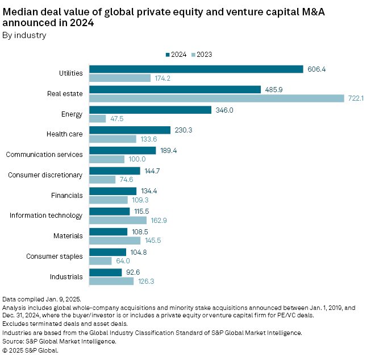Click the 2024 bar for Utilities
tap(196, 69)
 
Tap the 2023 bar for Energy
tap(98, 118)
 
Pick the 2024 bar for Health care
tap(130, 130)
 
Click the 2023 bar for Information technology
tap(118, 220)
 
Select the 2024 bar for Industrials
tap(106, 272)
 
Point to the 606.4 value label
tap(316, 69)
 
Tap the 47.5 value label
tap(118, 119)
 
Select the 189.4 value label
tap(169, 151)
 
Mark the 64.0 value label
tap(123, 261)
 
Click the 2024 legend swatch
tap(168, 55)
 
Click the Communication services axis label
tap(44, 155)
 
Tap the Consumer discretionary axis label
tap(45, 175)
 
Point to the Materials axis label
tap(68, 236)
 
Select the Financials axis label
tap(68, 195)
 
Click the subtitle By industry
tap(24, 35)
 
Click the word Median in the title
tap(19, 9)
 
